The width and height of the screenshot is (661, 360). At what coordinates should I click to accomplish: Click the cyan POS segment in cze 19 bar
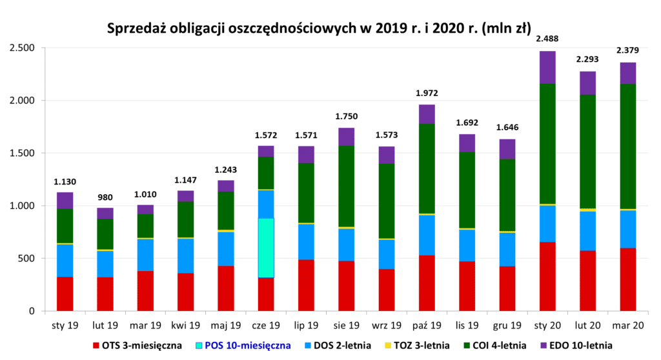[266, 248]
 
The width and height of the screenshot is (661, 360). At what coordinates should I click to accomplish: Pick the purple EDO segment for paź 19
[427, 114]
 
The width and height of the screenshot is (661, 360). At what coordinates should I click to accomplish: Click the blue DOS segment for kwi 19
[185, 255]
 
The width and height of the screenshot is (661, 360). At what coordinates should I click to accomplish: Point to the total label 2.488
[547, 39]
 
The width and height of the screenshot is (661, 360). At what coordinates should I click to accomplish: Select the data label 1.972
[427, 93]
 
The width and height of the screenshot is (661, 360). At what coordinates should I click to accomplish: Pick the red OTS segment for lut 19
[105, 294]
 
